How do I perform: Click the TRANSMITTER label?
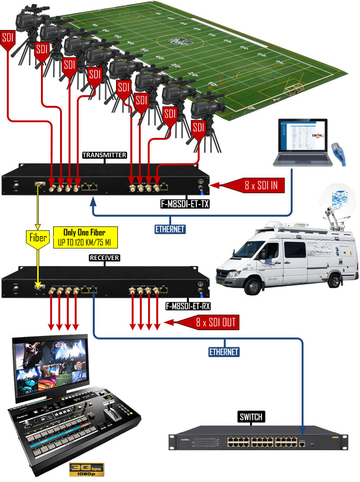click(104, 155)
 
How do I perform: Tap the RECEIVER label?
click(104, 258)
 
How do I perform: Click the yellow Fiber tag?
click(37, 238)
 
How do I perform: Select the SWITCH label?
click(251, 417)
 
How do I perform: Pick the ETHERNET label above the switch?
click(224, 351)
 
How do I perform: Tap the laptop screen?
click(302, 136)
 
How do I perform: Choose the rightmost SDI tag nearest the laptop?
click(198, 128)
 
